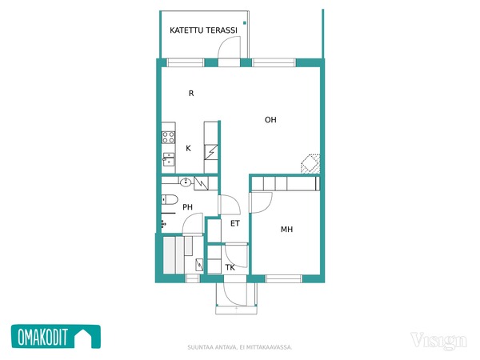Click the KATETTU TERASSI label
coord(203,30)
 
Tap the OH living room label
coord(270,120)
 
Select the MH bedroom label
coord(287,229)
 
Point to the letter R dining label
coord(191,93)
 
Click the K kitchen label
coord(188,148)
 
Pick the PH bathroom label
coord(188,207)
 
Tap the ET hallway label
coord(235,223)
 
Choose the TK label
coord(230,267)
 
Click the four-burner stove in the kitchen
coord(168,137)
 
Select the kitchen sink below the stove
coord(169,159)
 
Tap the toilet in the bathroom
coord(170,199)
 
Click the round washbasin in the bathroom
coord(186,182)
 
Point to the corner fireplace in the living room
coord(310,164)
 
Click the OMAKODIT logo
coord(56,337)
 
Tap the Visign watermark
coord(438,341)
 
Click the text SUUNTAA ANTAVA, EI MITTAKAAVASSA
coord(240,347)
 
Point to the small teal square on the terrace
coord(245,23)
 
